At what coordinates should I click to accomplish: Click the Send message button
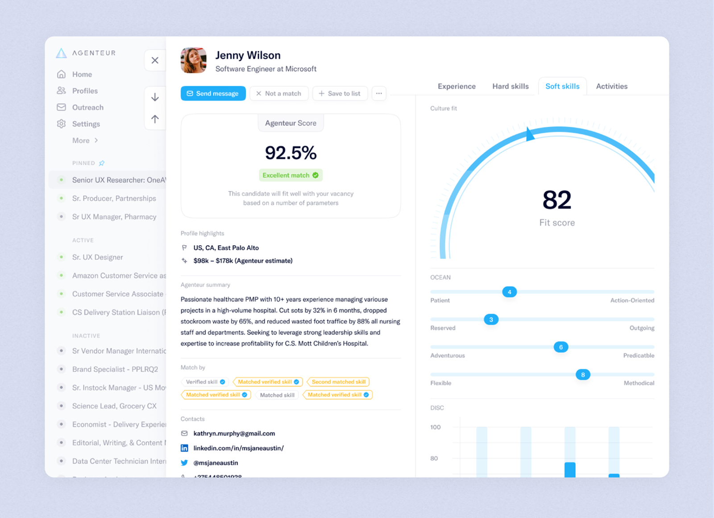213,93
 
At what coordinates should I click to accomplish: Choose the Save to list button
340,93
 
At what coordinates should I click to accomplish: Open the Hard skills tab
510,86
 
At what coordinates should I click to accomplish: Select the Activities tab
611,86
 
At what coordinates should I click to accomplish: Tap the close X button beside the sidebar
155,60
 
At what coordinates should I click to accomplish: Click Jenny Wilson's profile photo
193,60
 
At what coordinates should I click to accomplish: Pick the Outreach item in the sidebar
87,107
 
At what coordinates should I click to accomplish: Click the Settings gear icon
62,124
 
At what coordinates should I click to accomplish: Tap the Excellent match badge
291,175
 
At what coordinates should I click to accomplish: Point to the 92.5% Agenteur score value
291,153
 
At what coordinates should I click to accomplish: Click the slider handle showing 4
509,292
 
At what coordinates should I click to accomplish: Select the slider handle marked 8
583,375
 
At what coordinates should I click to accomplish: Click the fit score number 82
557,200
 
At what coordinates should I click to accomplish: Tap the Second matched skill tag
338,382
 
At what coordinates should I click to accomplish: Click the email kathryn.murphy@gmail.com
234,433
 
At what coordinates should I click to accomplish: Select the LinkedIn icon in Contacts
184,448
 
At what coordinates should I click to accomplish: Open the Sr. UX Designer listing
97,257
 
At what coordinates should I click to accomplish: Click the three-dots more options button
379,93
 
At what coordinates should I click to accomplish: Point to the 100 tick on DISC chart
435,427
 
